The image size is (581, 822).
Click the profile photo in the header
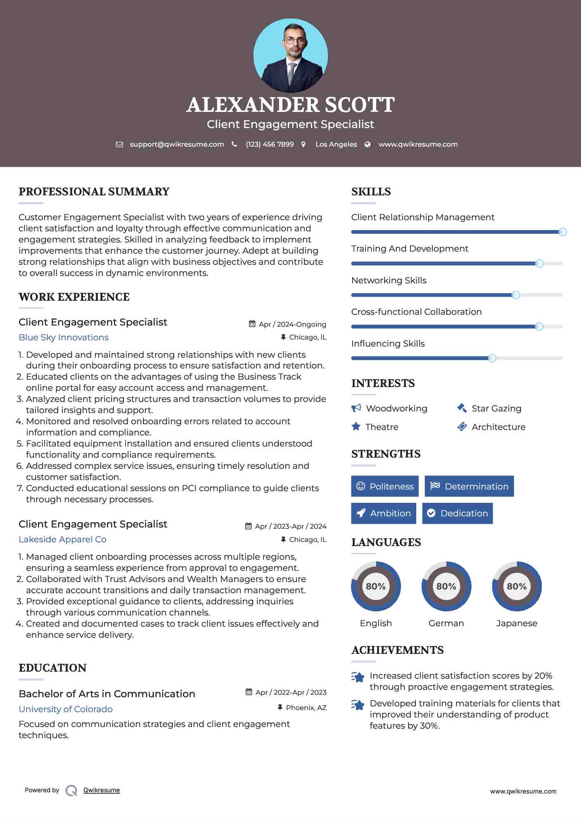[290, 55]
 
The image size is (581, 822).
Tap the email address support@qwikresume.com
[177, 144]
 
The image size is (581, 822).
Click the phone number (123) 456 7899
[270, 144]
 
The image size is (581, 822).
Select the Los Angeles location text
[336, 144]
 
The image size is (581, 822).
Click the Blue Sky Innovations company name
[64, 337]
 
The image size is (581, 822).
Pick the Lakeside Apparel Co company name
[62, 539]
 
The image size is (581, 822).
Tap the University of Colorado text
[66, 709]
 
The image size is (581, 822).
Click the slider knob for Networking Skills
[515, 295]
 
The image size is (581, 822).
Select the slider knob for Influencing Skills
[492, 358]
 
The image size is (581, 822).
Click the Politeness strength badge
[385, 486]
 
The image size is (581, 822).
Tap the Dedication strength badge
[457, 513]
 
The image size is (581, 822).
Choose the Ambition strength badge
[383, 513]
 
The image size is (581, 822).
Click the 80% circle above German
[446, 586]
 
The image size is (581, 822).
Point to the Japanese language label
[516, 623]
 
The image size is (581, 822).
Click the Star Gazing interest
[496, 409]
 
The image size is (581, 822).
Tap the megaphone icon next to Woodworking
[356, 408]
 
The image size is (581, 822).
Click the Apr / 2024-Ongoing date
[292, 324]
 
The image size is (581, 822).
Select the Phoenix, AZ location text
[306, 708]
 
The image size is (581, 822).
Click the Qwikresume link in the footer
[102, 790]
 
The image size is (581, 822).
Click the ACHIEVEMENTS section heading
[397, 650]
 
